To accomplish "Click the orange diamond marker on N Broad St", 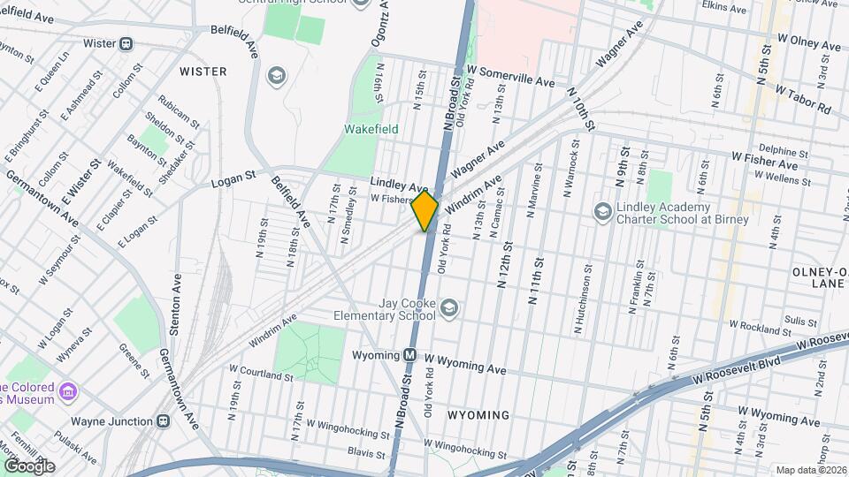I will (x=425, y=210).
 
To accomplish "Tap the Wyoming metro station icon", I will (x=409, y=355).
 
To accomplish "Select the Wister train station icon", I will (x=126, y=43).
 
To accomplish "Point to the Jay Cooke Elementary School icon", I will (x=449, y=307).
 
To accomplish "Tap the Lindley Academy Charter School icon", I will (x=602, y=211).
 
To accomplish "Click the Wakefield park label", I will (x=371, y=129).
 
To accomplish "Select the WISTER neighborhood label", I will (x=203, y=71).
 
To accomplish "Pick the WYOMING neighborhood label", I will (x=478, y=414).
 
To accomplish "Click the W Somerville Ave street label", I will (x=510, y=76).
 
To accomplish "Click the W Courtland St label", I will (x=261, y=375).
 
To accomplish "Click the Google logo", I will (x=28, y=466).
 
